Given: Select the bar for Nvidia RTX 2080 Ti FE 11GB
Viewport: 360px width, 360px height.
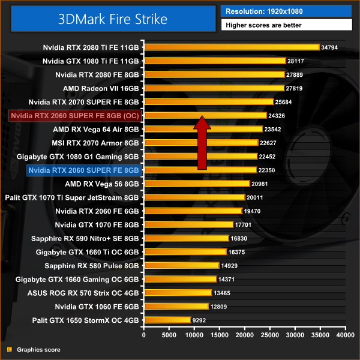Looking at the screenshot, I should pyautogui.click(x=231, y=47).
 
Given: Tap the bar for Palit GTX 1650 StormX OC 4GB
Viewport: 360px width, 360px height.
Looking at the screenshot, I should pyautogui.click(x=167, y=320).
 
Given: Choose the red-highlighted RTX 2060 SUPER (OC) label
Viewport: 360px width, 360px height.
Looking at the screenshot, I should pyautogui.click(x=74, y=115).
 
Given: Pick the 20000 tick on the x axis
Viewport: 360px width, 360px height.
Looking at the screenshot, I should pyautogui.click(x=245, y=335).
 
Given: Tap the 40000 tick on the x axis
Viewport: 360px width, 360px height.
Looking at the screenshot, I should pyautogui.click(x=346, y=335).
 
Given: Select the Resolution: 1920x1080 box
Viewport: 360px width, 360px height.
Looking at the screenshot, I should pyautogui.click(x=286, y=11).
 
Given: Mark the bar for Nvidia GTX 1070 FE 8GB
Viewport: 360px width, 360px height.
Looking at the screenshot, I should pyautogui.click(x=188, y=224).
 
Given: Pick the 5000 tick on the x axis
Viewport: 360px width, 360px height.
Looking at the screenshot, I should pyautogui.click(x=169, y=335).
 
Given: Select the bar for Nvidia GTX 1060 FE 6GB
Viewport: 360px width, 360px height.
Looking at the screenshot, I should pyautogui.click(x=176, y=307).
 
